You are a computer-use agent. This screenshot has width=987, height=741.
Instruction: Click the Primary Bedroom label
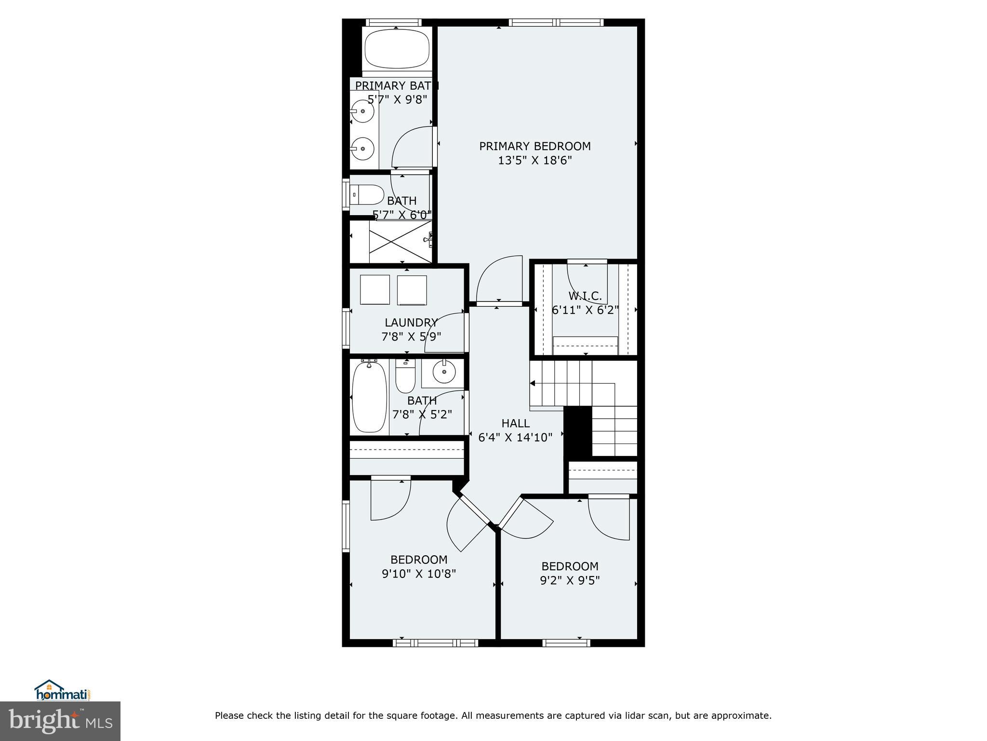point(534,146)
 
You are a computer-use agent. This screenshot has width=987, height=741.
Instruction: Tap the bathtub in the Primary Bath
point(396,49)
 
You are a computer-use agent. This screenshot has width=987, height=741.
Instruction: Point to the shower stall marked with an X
point(400,242)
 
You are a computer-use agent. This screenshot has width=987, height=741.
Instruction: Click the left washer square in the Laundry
point(374,289)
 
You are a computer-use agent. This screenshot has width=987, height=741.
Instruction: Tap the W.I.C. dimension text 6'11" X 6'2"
point(585,310)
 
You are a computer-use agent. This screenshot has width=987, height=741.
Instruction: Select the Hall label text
point(515,423)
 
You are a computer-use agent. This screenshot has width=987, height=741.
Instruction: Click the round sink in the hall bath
point(443,371)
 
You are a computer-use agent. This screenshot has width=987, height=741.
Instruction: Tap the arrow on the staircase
point(533,384)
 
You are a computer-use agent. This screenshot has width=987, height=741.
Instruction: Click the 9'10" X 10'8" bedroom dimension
point(418,574)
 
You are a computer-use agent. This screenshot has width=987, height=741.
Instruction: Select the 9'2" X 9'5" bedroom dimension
point(570,580)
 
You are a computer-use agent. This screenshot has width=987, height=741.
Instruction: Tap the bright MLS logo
point(60,721)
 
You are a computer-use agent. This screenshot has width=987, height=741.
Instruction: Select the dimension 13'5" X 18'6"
point(534,160)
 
